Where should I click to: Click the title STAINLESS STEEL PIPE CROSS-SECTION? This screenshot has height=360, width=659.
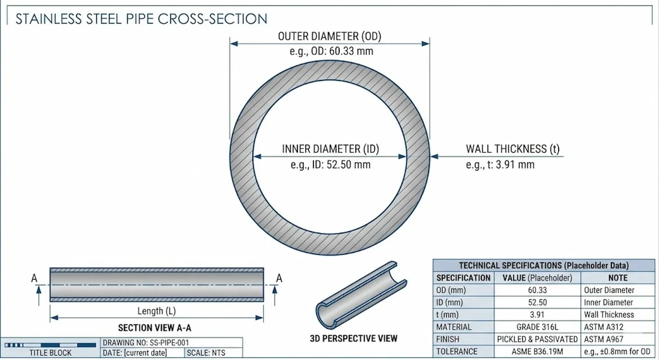141,19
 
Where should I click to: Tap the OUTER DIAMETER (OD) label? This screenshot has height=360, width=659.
329,36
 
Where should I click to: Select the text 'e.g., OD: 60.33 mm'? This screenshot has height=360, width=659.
331,51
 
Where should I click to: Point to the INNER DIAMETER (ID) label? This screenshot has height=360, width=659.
330,149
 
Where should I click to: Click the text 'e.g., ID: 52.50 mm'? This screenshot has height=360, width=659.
330,165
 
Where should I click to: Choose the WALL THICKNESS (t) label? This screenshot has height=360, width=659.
512,149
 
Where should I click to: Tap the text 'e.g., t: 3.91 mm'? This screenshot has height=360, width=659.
500,165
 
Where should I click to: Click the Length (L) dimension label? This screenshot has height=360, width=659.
156,310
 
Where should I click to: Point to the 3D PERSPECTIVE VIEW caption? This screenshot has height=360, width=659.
354,338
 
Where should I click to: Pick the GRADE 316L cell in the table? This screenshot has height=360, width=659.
537,327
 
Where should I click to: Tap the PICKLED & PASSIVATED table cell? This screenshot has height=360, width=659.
537,339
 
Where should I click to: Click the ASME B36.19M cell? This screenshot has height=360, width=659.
537,351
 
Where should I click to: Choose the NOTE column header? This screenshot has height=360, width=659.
618,278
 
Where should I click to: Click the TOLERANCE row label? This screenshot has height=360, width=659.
457,351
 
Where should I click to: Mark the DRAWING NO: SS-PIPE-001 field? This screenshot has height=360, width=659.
146,342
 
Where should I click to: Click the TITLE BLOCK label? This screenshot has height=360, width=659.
50,353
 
